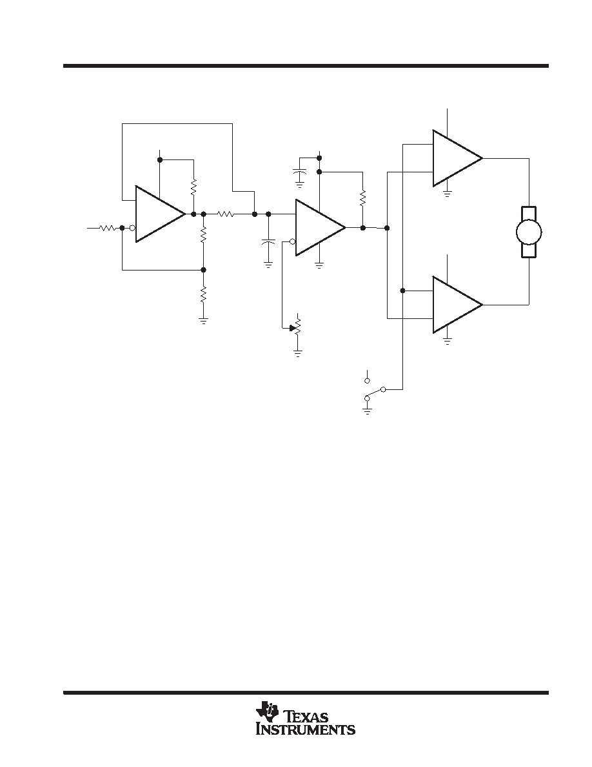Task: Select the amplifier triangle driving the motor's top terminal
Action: (x=457, y=158)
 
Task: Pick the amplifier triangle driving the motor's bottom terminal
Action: (x=457, y=305)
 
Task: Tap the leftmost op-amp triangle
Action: (x=160, y=214)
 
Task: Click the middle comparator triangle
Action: (x=320, y=227)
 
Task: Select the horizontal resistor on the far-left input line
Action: (x=108, y=227)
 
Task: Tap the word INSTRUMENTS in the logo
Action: (x=306, y=730)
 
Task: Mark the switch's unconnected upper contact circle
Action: (x=368, y=380)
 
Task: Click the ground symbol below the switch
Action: (x=367, y=409)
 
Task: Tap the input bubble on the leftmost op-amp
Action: (x=132, y=227)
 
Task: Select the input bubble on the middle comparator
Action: (x=292, y=241)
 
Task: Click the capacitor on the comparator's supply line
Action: (x=299, y=172)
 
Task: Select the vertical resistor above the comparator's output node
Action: (x=362, y=198)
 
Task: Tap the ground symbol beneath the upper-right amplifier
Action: (x=447, y=193)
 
